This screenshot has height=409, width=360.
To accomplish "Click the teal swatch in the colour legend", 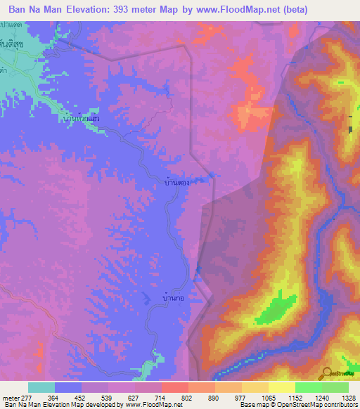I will [x=41, y=387].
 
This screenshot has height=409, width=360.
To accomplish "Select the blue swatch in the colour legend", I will [x=68, y=387].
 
